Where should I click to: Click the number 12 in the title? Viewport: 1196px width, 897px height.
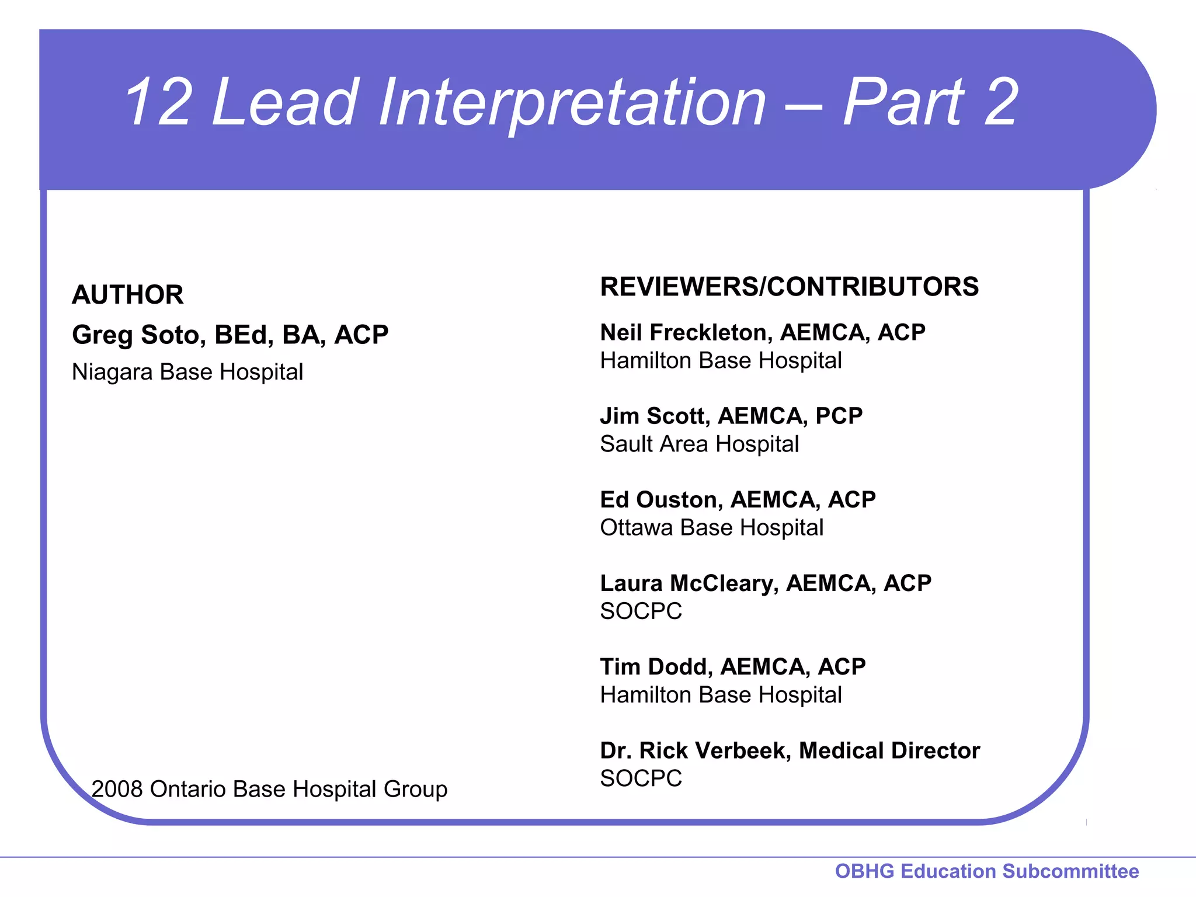tap(158, 103)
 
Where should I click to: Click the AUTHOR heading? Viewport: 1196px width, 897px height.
tap(127, 295)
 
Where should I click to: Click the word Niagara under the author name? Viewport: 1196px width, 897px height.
tap(112, 372)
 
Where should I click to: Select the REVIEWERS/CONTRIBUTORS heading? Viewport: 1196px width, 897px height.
tap(789, 287)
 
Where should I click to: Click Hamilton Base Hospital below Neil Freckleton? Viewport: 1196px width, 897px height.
tap(721, 361)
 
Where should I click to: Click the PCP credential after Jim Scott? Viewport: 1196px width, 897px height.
tap(839, 416)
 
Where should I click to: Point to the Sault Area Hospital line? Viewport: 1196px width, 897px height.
tap(699, 444)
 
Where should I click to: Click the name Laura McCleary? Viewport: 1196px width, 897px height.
tap(689, 583)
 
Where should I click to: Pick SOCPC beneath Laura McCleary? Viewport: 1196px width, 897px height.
tap(641, 611)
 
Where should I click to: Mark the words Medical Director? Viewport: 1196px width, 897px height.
tap(889, 751)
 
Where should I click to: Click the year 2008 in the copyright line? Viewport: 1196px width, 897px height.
tap(117, 790)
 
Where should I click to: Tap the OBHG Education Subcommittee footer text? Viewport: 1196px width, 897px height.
tap(986, 871)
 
